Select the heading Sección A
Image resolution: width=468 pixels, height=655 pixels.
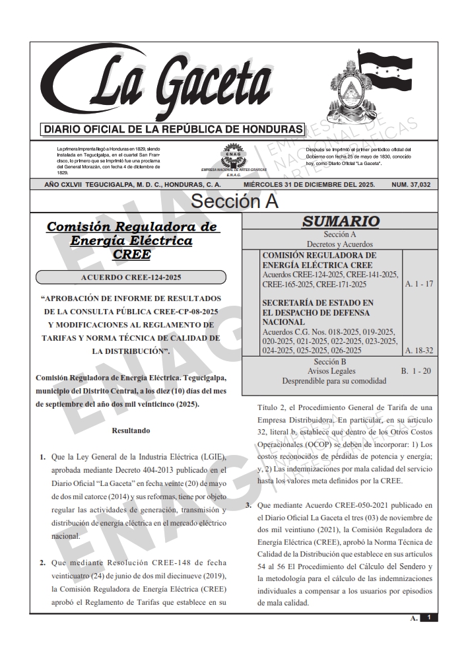[x=234, y=201]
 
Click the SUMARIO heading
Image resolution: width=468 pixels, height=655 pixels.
[x=340, y=222]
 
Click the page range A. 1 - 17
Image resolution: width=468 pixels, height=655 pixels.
[x=418, y=284]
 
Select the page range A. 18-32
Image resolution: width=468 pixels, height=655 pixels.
[x=418, y=351]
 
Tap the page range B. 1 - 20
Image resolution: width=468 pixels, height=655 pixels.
[x=416, y=371]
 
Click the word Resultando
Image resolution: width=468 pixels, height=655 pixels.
[x=131, y=431]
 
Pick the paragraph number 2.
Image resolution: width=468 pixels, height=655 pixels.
[x=42, y=563]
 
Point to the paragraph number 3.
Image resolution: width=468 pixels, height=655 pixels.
[x=248, y=506]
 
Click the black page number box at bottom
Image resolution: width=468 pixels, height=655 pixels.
[x=428, y=617]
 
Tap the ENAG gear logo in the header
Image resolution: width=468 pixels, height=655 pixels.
[x=232, y=155]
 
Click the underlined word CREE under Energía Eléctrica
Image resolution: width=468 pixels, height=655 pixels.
[x=131, y=254]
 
